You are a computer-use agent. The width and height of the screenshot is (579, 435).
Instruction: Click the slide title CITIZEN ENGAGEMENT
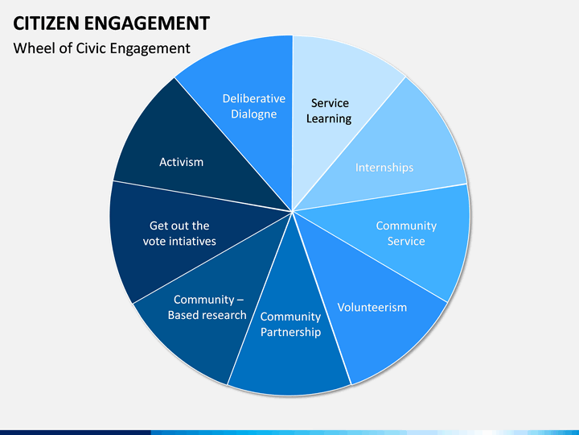click(112, 23)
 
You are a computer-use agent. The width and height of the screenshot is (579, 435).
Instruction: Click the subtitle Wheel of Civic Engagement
click(102, 48)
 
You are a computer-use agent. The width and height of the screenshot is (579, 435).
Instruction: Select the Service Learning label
click(329, 111)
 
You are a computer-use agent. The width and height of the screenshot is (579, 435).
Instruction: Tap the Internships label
click(384, 168)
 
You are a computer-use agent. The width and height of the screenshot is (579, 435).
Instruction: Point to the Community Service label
click(406, 234)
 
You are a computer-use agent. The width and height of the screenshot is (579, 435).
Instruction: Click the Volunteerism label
click(372, 307)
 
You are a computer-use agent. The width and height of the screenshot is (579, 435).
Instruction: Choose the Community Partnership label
click(290, 325)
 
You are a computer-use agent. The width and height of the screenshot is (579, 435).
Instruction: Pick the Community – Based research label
click(207, 307)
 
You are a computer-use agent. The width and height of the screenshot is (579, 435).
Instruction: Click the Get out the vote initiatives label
click(179, 234)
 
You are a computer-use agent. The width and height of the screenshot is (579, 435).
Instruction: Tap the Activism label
click(181, 162)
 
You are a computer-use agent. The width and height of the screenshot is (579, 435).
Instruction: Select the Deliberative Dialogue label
click(253, 106)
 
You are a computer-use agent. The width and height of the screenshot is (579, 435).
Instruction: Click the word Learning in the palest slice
click(329, 119)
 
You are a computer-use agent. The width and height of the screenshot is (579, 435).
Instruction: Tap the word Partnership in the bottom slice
click(290, 332)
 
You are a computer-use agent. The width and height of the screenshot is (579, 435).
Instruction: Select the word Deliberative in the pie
click(253, 98)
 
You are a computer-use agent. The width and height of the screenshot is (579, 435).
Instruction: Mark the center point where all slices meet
click(292, 211)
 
